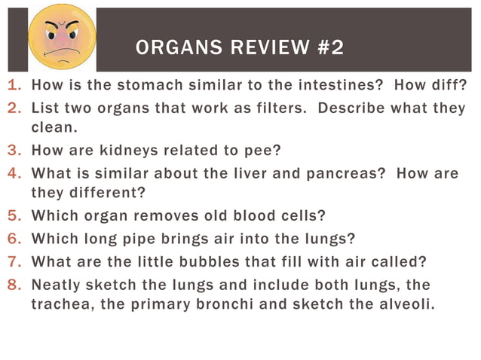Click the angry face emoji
coord(63,37)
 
